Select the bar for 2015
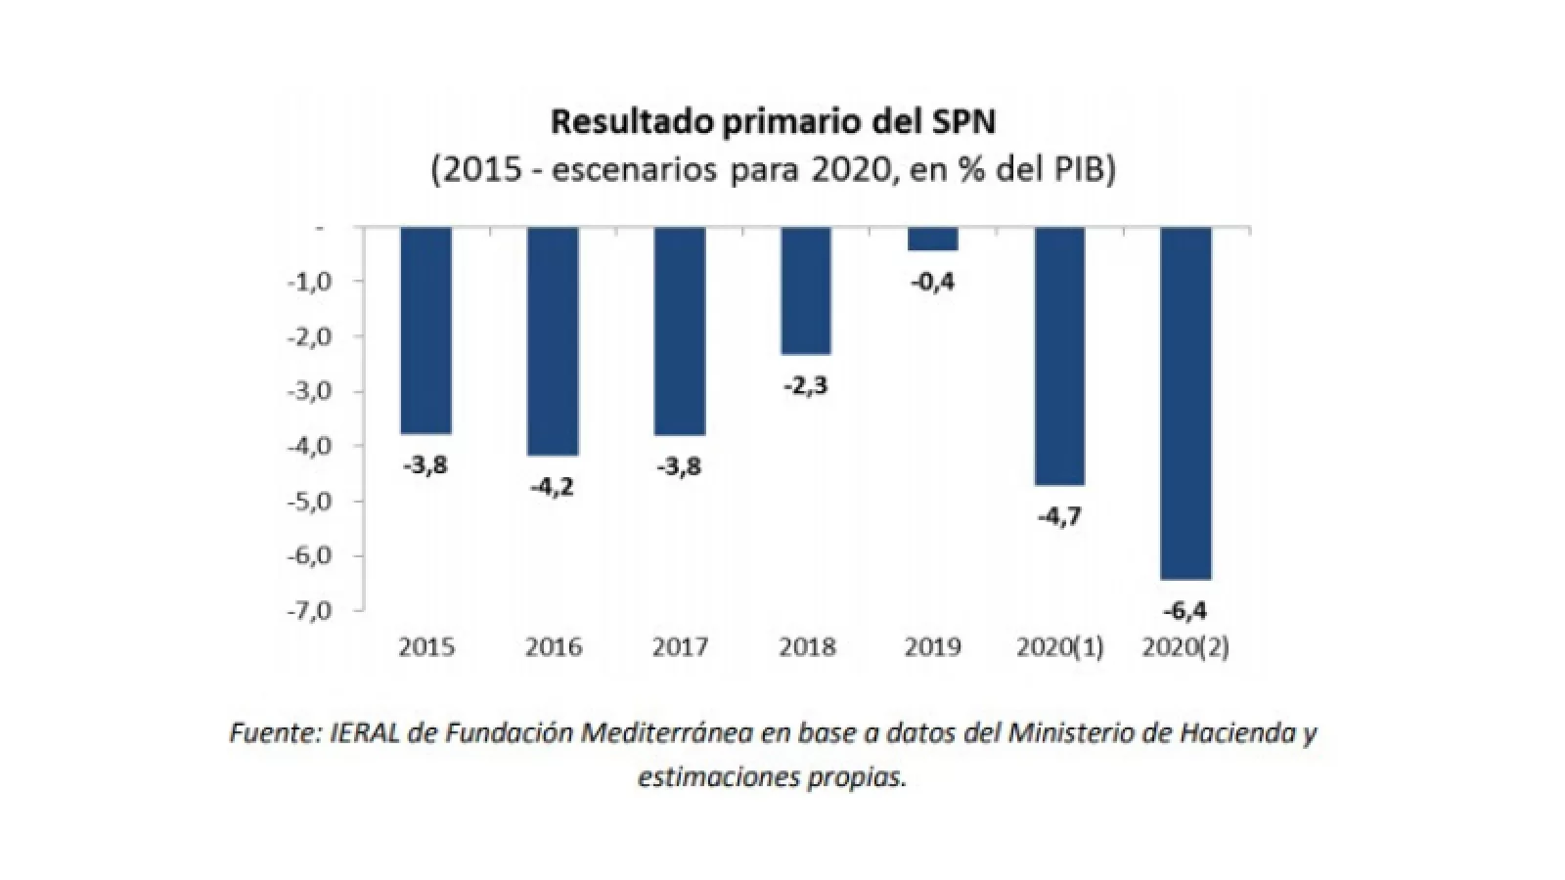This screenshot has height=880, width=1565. point(426,330)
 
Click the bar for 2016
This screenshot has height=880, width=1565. point(553,341)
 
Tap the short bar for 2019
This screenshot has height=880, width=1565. point(932,240)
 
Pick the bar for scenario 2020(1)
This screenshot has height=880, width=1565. point(1059,356)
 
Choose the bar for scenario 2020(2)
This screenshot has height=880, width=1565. point(1185,403)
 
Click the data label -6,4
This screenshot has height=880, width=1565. point(1185,612)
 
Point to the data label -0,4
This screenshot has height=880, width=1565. point(932,283)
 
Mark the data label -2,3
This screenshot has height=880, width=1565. point(805,386)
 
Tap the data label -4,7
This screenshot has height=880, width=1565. point(1059,516)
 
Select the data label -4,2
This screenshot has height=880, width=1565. point(552,487)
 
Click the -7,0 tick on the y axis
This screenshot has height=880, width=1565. point(310,610)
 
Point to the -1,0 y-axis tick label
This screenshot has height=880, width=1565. point(310,282)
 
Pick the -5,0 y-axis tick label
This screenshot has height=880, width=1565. point(310,501)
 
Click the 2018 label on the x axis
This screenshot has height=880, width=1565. point(807,647)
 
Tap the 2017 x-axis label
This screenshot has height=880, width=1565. point(680,647)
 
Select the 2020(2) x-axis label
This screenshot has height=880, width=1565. point(1185,647)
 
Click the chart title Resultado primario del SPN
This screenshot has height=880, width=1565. point(773,122)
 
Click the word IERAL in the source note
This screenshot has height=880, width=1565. point(367,733)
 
